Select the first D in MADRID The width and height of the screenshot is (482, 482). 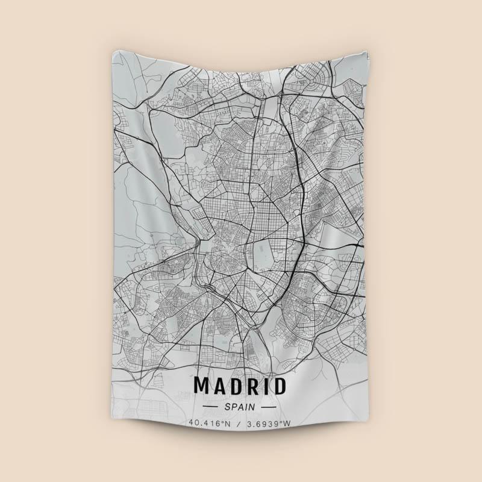coord(237,386)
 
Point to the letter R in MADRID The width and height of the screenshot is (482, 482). coord(254,386)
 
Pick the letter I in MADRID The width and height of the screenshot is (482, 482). coord(266,386)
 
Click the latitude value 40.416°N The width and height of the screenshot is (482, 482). coord(210,424)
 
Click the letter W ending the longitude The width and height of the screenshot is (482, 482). coord(287,424)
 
